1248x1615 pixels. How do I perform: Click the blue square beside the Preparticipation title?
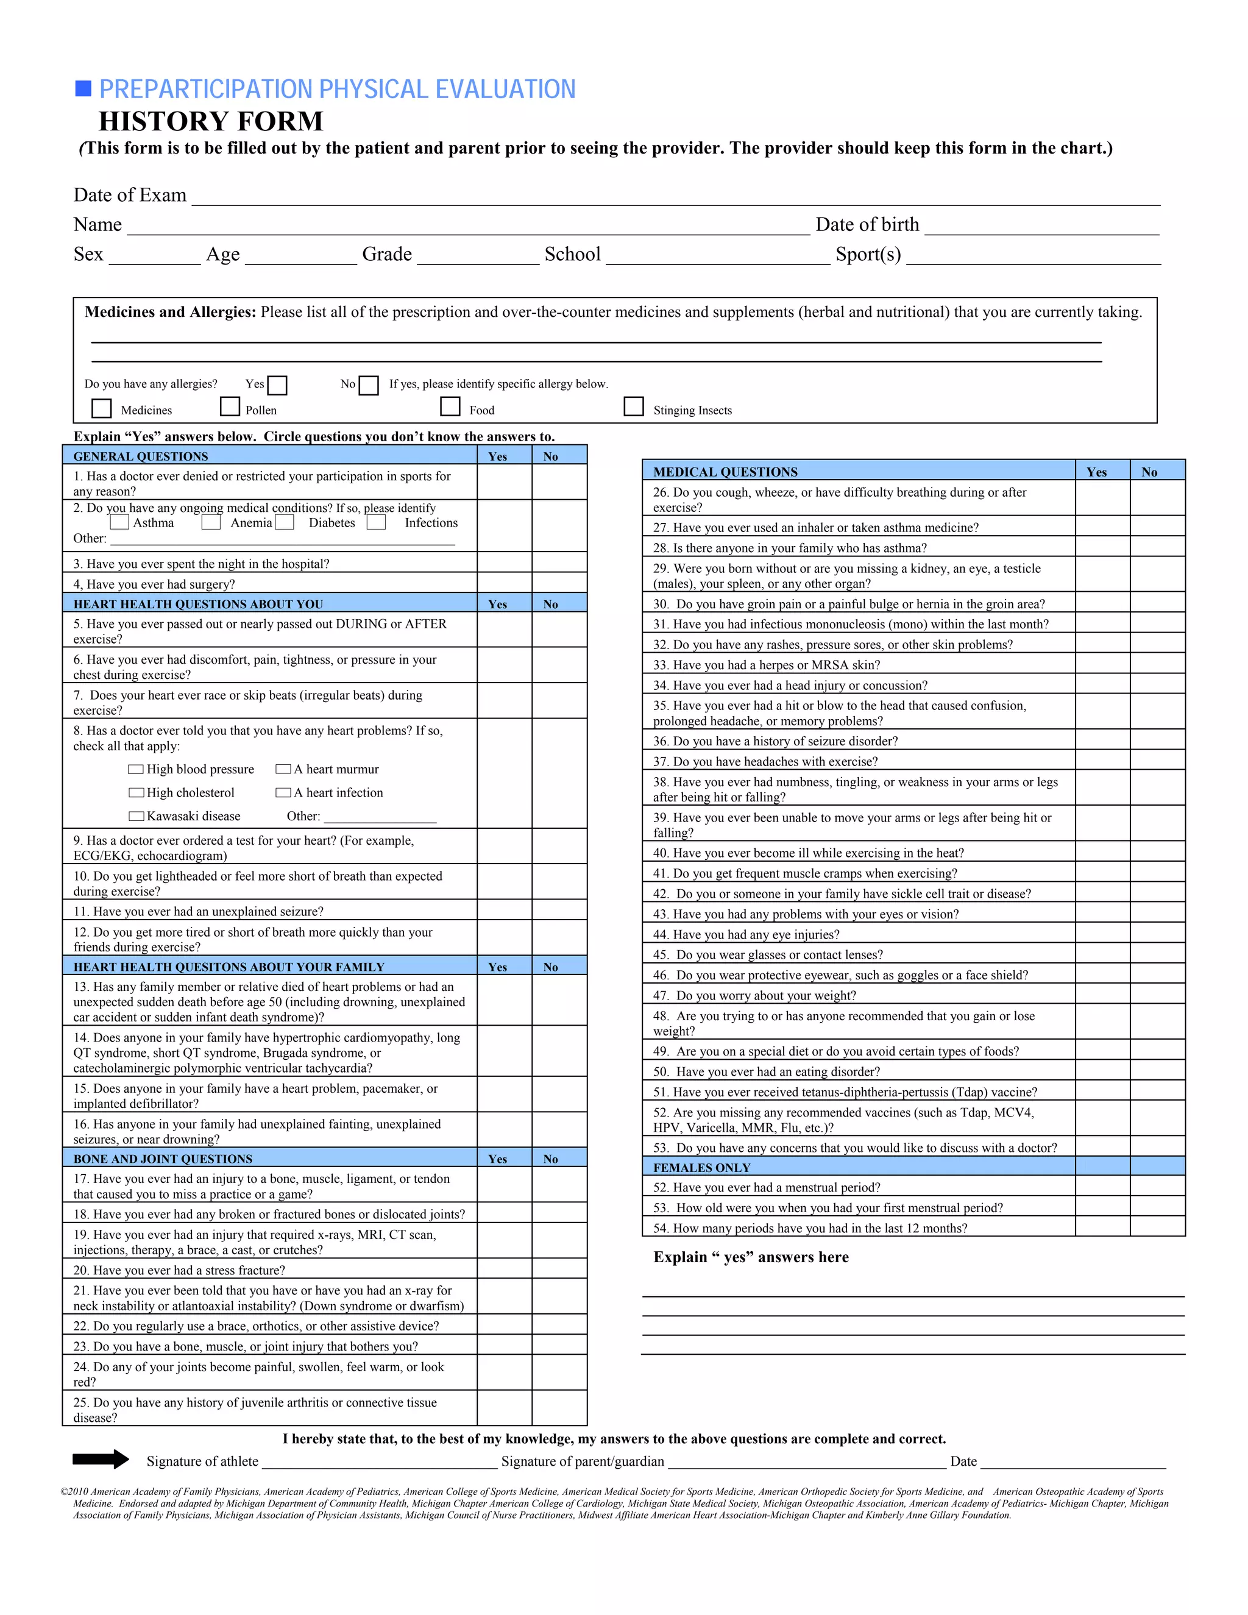[83, 89]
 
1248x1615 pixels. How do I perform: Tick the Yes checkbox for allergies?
[277, 385]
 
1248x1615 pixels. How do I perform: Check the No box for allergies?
[368, 385]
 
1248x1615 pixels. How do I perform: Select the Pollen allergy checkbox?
[230, 406]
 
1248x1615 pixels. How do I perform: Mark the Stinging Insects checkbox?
[634, 406]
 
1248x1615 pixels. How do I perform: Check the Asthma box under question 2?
[119, 522]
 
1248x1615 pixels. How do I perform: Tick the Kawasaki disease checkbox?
[136, 817]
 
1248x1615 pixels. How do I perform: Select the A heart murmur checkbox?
[283, 769]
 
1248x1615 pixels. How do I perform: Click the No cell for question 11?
[559, 910]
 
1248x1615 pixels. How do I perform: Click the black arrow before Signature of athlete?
[101, 1459]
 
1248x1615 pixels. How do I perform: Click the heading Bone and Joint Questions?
[163, 1159]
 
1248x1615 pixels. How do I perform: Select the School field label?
[572, 254]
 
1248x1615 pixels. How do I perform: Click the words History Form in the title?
[211, 121]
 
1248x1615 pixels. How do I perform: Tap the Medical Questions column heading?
[725, 472]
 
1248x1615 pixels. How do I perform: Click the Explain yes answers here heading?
[750, 1257]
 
